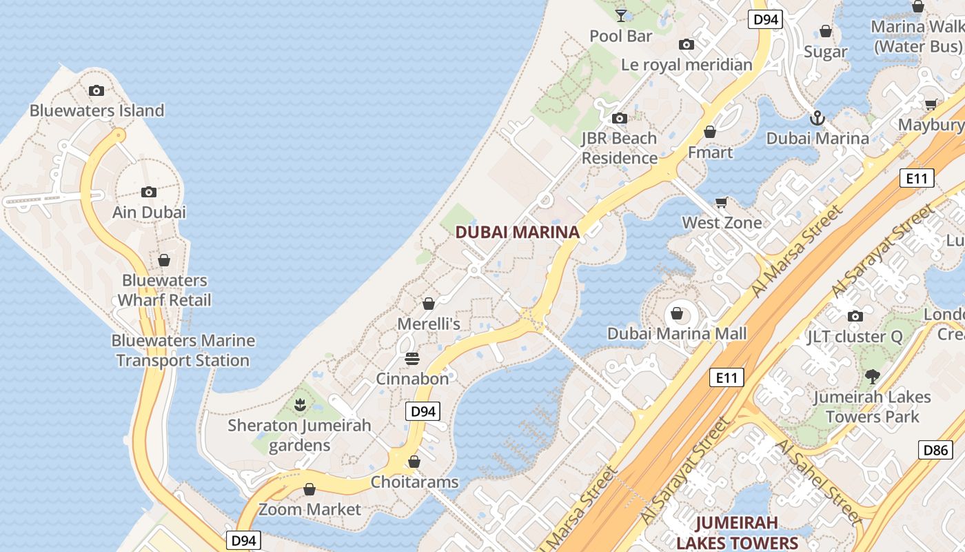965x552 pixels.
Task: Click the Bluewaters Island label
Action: [x=96, y=110]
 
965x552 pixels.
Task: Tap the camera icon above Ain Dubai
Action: [x=149, y=193]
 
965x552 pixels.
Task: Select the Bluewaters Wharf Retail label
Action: [x=164, y=290]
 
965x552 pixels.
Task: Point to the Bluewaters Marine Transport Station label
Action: [x=183, y=351]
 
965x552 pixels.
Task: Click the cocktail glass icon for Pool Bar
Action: [x=621, y=14]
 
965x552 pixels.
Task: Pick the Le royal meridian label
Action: [x=687, y=65]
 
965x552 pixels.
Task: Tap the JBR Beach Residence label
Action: [x=619, y=148]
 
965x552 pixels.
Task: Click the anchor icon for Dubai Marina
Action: [x=817, y=118]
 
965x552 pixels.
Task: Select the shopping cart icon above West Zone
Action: [x=722, y=202]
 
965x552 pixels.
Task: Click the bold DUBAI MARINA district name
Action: [x=517, y=233]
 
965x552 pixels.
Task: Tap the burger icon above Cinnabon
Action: [x=412, y=359]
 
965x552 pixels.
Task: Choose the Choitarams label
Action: [x=414, y=482]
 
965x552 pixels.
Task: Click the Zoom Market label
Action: [x=309, y=509]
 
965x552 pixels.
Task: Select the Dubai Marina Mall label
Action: [x=677, y=334]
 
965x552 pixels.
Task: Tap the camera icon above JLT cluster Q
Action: [x=855, y=316]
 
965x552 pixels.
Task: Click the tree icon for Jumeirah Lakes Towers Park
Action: [x=873, y=377]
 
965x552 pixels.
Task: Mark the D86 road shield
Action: [x=936, y=451]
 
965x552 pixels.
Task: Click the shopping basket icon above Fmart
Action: [x=710, y=132]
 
